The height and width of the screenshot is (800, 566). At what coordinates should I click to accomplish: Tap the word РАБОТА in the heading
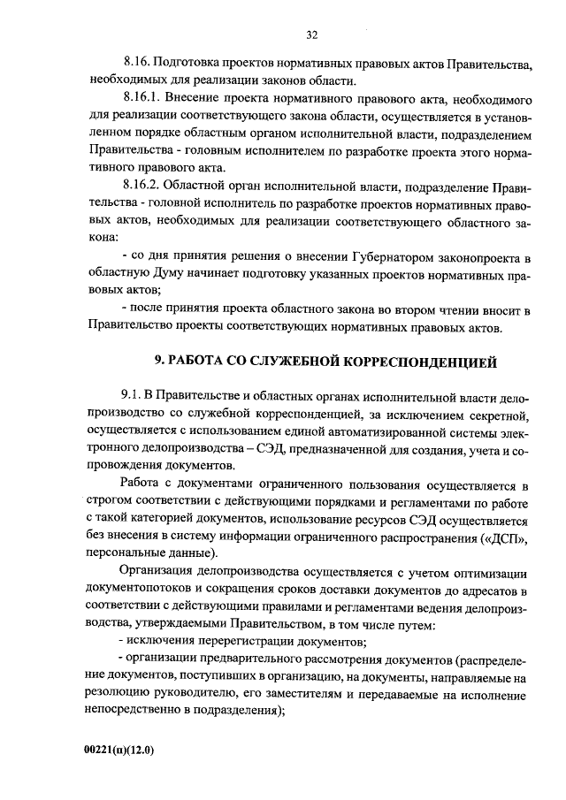195,361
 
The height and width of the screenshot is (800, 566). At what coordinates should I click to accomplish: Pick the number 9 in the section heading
159,361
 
